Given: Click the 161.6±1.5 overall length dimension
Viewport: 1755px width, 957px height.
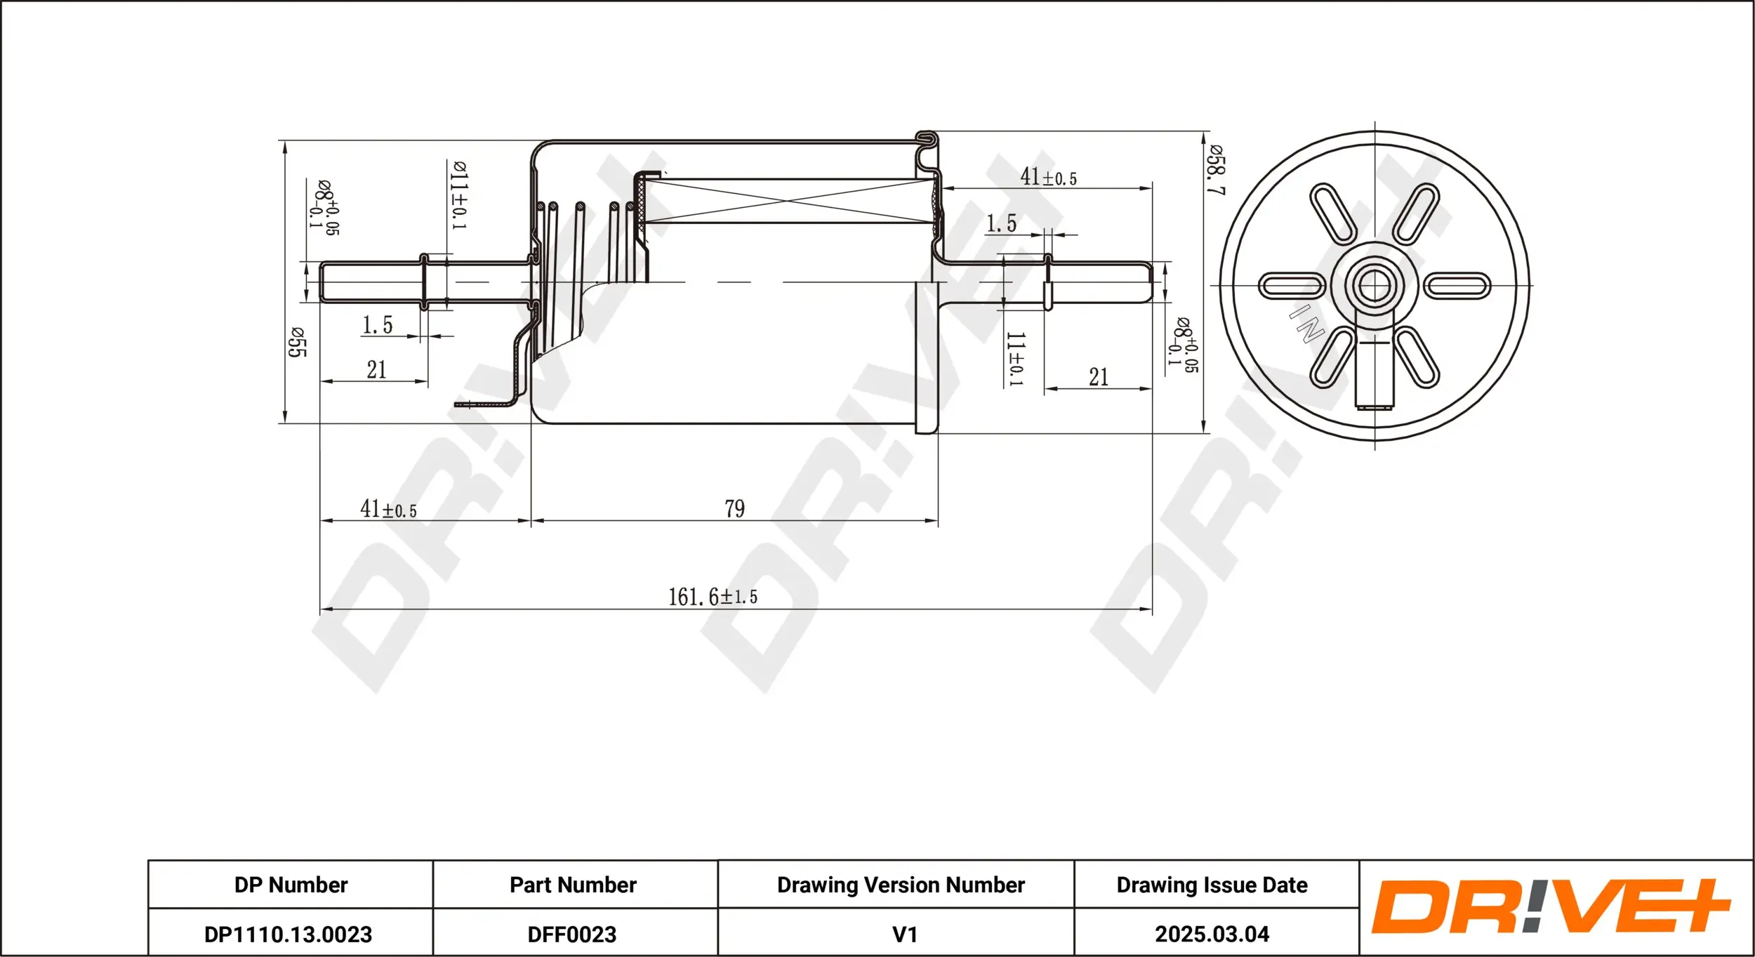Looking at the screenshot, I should click(x=713, y=597).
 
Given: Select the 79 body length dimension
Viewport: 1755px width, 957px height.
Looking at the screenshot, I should click(x=734, y=508).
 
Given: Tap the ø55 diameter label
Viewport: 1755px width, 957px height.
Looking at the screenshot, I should click(x=297, y=342).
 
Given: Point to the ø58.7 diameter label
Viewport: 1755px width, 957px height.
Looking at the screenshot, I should click(x=1216, y=170).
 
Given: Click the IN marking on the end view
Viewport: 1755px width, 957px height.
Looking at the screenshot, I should click(x=1306, y=324).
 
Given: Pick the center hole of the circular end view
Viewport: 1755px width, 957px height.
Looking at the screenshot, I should click(x=1374, y=285).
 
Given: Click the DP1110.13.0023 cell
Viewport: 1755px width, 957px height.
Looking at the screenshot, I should click(x=288, y=935).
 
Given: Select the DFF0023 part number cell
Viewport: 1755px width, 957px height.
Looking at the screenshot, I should click(x=572, y=935).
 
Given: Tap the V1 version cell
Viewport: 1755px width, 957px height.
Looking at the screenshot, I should click(x=904, y=935).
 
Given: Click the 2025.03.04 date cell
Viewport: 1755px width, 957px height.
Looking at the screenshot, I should click(x=1212, y=935).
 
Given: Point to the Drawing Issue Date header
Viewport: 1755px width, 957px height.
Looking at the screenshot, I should click(x=1212, y=885).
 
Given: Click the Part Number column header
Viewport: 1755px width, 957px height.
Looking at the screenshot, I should click(x=573, y=885).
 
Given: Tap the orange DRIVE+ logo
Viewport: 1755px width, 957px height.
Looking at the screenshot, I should click(x=1550, y=906).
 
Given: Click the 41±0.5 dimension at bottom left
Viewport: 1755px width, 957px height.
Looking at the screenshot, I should click(x=388, y=509).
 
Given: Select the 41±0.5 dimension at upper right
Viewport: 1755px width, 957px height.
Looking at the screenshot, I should click(x=1048, y=177).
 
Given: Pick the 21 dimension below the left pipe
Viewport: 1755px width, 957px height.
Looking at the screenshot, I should click(x=376, y=369).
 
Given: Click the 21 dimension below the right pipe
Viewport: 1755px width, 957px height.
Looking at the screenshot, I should click(x=1099, y=377).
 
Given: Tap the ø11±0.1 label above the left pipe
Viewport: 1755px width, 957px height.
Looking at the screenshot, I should click(x=459, y=194).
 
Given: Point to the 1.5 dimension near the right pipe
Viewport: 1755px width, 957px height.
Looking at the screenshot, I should click(x=1001, y=223).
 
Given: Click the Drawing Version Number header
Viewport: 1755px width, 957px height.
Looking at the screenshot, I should click(x=901, y=885).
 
